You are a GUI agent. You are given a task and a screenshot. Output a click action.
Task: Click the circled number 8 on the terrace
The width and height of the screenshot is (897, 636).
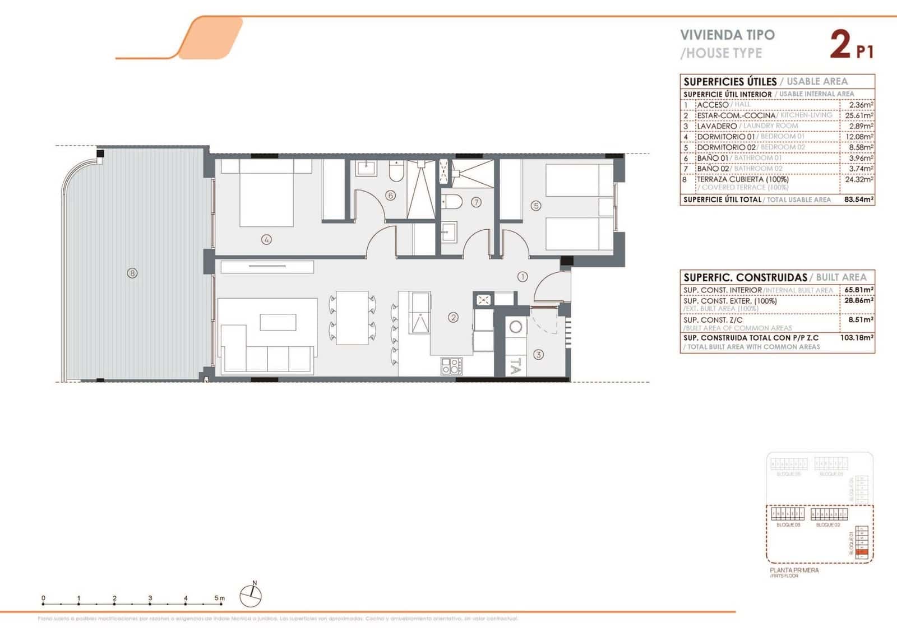coord(132,273)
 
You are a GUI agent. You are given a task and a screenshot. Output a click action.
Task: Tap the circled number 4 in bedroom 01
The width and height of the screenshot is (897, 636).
coord(266,239)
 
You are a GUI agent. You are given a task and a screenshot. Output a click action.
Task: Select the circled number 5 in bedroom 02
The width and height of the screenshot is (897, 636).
coord(536,206)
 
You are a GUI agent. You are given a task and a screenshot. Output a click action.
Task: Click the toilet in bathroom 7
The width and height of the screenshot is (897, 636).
coord(452,201)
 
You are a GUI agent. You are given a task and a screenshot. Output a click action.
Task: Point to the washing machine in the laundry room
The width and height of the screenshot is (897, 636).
coord(515,327)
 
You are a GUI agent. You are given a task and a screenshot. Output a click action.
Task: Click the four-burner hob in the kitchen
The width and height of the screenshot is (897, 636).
coord(452,366)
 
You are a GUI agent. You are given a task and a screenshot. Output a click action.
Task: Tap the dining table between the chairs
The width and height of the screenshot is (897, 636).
coord(352,317)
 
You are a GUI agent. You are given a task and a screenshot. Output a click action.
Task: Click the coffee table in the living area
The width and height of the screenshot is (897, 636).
coord(278,322)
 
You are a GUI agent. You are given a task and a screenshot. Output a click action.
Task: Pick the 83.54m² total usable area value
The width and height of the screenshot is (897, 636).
coord(859,199)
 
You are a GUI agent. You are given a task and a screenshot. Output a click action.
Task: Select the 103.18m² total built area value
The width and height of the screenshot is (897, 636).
coord(858,338)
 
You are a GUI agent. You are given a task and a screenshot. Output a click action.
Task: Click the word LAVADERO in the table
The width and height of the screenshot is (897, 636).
coord(716,126)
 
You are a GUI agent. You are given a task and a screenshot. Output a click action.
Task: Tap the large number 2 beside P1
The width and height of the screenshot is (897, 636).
coord(840,45)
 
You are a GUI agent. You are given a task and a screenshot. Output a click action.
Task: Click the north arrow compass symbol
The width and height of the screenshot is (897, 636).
coord(250,595)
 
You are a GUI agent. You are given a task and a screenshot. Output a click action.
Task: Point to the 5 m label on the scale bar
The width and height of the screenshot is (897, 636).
coord(220,598)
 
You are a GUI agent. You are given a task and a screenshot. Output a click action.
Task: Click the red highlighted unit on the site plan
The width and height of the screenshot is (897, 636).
coord(862,553)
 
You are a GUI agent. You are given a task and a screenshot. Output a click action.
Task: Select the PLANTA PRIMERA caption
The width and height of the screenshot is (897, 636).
coord(794,570)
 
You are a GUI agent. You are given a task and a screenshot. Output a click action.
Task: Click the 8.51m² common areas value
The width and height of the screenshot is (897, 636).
coord(860,320)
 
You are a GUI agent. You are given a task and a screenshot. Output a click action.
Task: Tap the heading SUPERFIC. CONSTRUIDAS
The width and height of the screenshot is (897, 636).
coord(745,277)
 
